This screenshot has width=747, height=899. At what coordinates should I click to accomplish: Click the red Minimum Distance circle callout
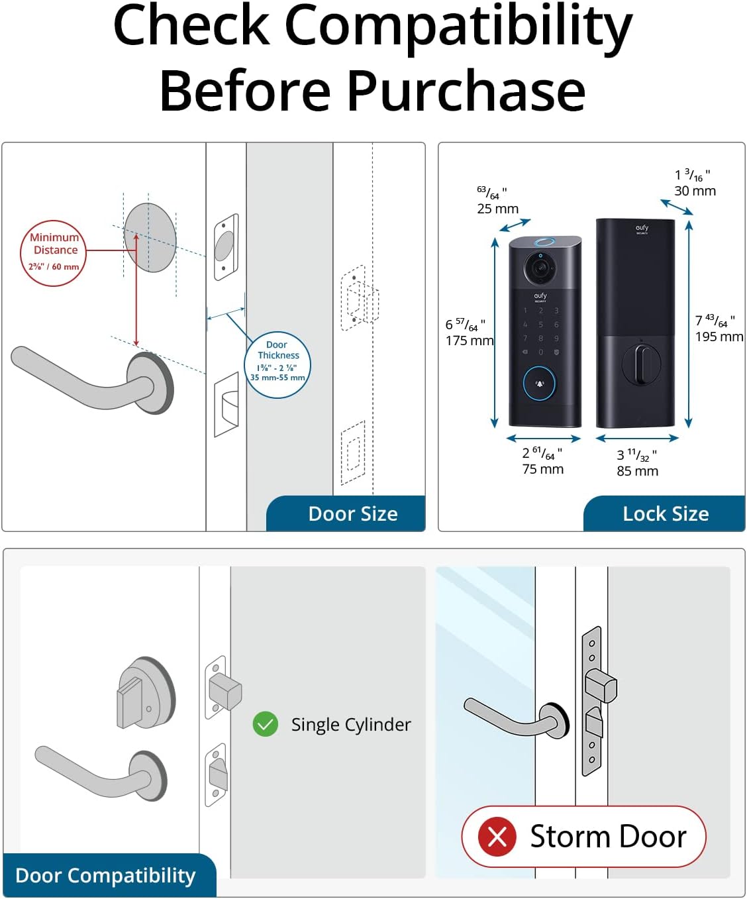pos(54,253)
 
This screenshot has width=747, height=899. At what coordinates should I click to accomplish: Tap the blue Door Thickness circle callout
pos(277,364)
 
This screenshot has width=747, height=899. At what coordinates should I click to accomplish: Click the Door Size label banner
pos(352,514)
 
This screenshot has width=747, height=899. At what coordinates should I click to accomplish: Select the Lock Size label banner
pos(665,514)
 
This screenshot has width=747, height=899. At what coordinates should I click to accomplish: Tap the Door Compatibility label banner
pos(106,875)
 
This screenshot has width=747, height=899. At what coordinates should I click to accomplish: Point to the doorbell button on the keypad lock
pos(540,383)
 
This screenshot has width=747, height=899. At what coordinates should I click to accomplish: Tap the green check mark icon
pos(266,725)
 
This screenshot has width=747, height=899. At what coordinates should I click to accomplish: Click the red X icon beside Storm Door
pos(497,837)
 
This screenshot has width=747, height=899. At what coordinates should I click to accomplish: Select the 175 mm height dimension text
pos(470,341)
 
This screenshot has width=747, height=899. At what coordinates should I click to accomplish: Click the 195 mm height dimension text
pos(719,337)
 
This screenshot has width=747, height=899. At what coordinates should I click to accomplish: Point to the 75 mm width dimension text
pos(543,469)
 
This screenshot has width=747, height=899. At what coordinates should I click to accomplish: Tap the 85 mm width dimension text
pos(637,471)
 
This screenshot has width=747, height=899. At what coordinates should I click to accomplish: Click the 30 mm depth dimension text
pos(695,191)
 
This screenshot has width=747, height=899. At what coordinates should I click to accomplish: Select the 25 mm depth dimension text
pos(497,209)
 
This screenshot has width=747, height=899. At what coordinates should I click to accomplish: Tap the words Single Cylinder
pos(351,725)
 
